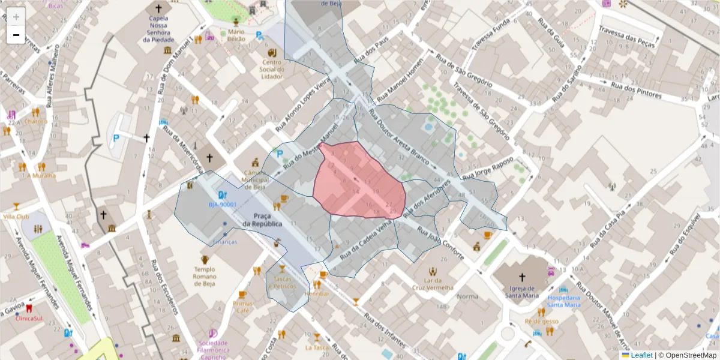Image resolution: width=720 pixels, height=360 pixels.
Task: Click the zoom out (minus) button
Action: [16, 35]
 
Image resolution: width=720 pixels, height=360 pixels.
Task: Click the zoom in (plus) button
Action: [16, 17]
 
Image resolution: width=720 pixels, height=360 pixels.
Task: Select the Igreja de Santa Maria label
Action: [521, 290]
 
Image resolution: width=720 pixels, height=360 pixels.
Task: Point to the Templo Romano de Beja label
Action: [205, 277]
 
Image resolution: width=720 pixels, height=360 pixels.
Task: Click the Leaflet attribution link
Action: [641, 355]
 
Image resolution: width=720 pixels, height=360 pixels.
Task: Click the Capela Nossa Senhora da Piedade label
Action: [158, 29]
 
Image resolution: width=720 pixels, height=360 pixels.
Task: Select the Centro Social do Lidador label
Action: [272, 69]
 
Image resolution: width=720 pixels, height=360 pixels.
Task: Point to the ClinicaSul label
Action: [29, 318]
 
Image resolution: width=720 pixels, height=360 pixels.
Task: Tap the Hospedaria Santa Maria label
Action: [564, 301]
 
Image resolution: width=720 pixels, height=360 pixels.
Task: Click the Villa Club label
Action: [16, 216]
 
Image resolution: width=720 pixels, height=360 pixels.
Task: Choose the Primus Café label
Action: [243, 307]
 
